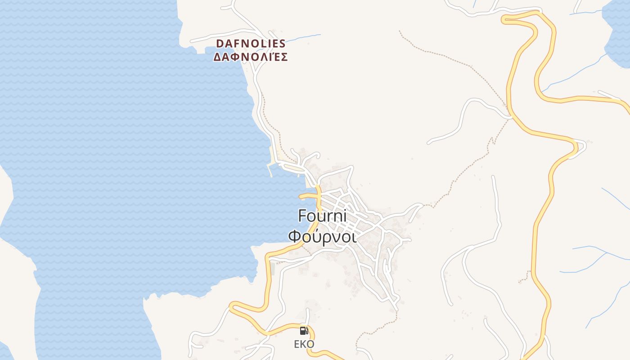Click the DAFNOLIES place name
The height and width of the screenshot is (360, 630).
251,44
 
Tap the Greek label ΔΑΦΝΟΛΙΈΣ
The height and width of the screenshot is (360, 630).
251,57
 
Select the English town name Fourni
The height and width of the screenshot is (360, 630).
322,216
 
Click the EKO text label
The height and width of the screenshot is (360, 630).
304,344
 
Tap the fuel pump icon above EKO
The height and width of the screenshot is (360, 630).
304,331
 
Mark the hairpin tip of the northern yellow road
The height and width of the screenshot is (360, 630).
505,18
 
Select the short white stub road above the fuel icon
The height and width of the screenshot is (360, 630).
308,315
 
